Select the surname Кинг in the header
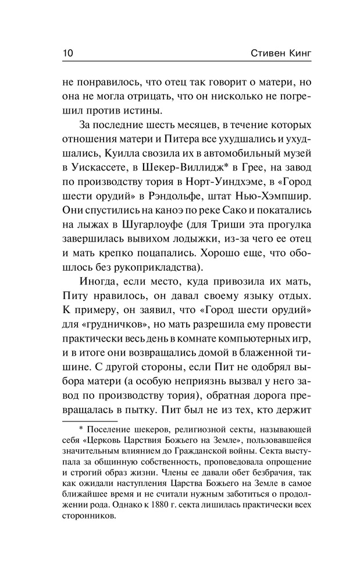298,54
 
